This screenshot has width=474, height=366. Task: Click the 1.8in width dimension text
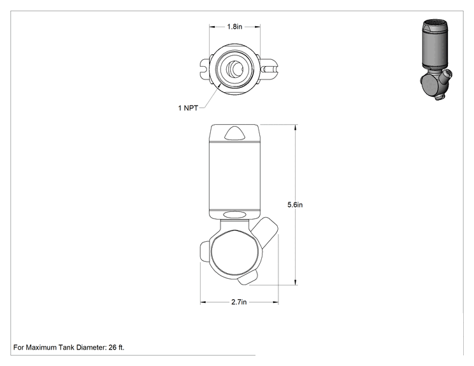(234, 27)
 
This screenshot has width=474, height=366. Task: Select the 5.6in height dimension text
(295, 205)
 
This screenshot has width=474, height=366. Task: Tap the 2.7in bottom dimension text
(239, 302)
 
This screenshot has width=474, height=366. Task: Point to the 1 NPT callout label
(188, 108)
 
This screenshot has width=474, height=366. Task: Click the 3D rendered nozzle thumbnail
(436, 60)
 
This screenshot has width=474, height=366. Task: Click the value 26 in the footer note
(113, 348)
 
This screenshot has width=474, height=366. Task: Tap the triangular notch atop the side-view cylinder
(234, 133)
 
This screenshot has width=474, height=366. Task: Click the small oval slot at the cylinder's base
(234, 215)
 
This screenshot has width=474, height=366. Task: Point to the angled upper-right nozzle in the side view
(266, 231)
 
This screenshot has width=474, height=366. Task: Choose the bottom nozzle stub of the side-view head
(248, 277)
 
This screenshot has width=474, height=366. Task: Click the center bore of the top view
(236, 69)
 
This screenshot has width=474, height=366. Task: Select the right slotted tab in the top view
(269, 69)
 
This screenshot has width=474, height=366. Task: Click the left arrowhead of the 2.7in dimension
(203, 302)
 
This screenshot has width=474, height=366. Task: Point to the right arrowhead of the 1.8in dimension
(257, 27)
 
